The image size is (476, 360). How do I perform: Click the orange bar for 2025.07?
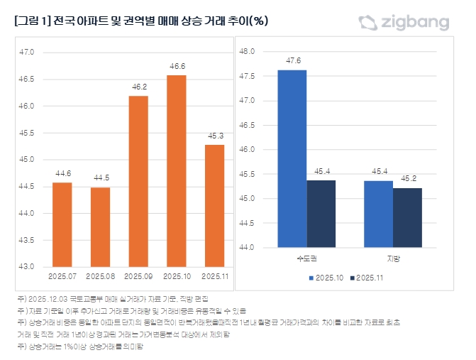pos(62,224)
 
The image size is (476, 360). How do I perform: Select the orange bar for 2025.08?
pos(100,227)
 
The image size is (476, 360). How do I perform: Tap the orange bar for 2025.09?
pos(138,181)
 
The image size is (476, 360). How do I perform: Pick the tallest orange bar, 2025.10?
pos(177,170)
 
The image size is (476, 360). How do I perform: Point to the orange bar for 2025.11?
pos(214,205)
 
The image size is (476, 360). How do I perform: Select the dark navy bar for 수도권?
pos(321,214)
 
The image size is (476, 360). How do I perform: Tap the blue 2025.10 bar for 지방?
pos(378,214)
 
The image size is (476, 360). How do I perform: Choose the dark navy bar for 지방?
pos(407,217)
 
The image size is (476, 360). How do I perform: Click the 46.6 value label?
pos(177,66)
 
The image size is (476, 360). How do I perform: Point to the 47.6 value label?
pos(292,60)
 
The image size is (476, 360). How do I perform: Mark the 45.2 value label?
pos(407,178)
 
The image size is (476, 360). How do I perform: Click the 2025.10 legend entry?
pos(326,278)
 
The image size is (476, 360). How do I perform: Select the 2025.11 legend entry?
pos(367,278)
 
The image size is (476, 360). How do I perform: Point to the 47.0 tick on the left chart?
pos(26,52)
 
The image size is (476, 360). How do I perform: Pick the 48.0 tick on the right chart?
pos(248,52)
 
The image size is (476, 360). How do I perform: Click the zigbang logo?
pos(404,22)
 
